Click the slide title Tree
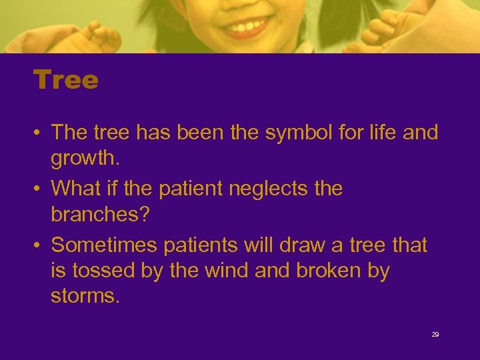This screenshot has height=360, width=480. point(66,81)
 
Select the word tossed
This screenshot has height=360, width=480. point(104,272)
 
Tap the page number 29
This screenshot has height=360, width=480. point(435,335)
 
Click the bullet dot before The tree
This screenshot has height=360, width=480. point(41,133)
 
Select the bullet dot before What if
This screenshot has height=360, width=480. point(41,189)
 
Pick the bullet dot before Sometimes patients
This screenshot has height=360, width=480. point(41,245)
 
